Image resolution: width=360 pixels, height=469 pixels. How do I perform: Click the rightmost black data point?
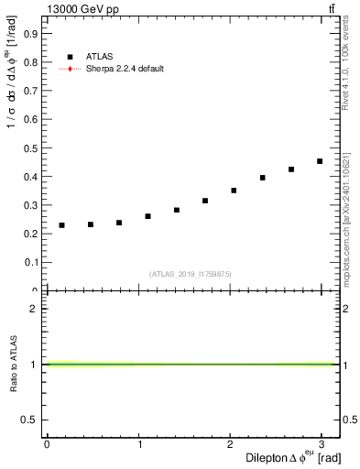[320, 161]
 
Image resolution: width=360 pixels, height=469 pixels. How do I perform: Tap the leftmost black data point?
[61, 225]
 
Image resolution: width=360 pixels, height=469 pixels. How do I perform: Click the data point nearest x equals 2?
[234, 191]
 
